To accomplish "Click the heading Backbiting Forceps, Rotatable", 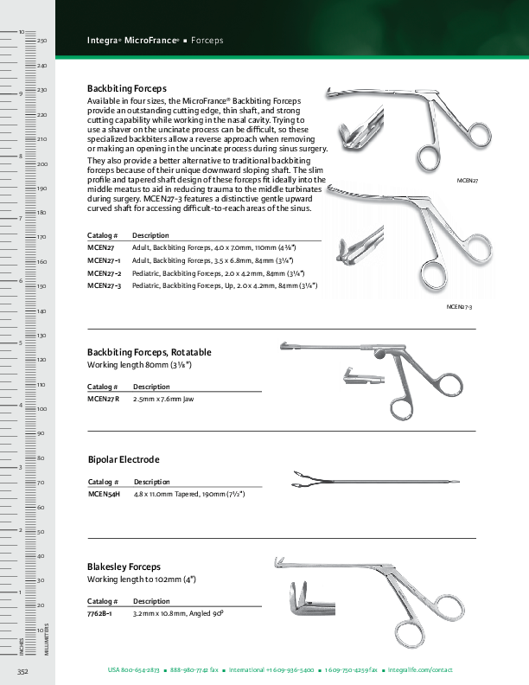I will click(x=150, y=352).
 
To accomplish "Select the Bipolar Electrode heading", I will click(x=124, y=459).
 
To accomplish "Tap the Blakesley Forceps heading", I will click(x=124, y=567).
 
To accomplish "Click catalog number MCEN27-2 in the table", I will click(x=105, y=272).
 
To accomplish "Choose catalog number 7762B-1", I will click(x=101, y=613).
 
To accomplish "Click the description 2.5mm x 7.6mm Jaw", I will click(x=163, y=400).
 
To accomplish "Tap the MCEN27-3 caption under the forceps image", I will click(x=459, y=307).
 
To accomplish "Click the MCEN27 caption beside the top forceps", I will click(x=468, y=181).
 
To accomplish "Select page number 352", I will click(x=23, y=671).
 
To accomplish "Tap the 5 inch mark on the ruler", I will click(x=21, y=343).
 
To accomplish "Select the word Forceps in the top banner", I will click(x=207, y=41).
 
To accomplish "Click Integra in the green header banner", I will click(x=104, y=41).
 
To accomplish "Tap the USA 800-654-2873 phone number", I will click(x=133, y=670).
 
